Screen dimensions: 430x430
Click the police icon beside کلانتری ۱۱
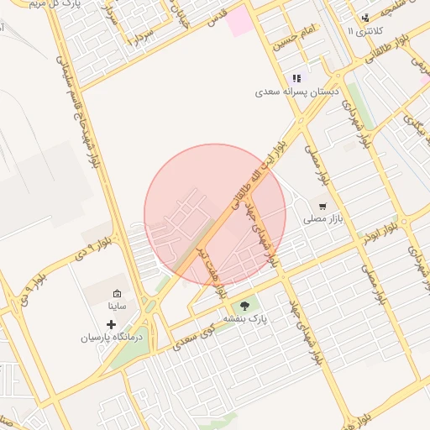click(x=364, y=18)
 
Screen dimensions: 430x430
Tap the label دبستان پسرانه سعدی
click(x=297, y=92)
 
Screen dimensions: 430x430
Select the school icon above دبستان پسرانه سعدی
click(x=296, y=78)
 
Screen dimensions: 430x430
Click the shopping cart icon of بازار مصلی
click(x=322, y=206)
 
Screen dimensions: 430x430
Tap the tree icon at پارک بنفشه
click(x=244, y=305)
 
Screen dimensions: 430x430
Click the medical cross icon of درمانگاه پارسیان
click(x=112, y=323)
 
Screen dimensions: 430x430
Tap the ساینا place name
click(x=116, y=307)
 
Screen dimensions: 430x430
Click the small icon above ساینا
click(x=116, y=293)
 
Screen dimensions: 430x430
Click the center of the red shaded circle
click(x=215, y=215)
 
